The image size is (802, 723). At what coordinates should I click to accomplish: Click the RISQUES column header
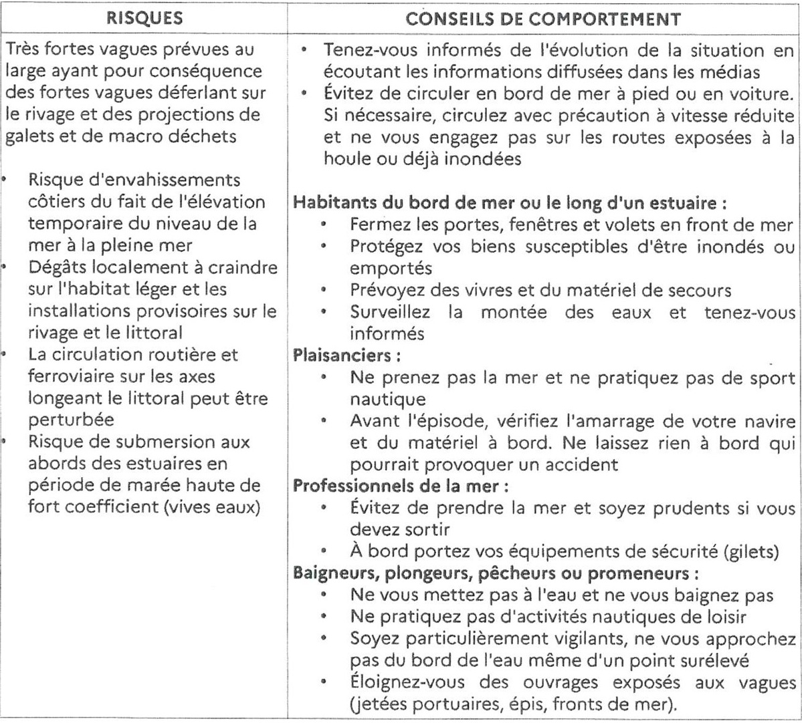(x=144, y=17)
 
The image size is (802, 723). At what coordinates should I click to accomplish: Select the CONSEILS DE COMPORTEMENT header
(x=543, y=18)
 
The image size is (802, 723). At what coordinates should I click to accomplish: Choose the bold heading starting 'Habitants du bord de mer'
(x=510, y=202)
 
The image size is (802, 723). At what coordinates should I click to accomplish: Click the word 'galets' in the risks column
(x=28, y=136)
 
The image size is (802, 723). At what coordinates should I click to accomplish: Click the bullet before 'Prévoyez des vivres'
(x=323, y=290)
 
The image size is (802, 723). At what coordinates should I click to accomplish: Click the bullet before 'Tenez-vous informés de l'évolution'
(x=304, y=50)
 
